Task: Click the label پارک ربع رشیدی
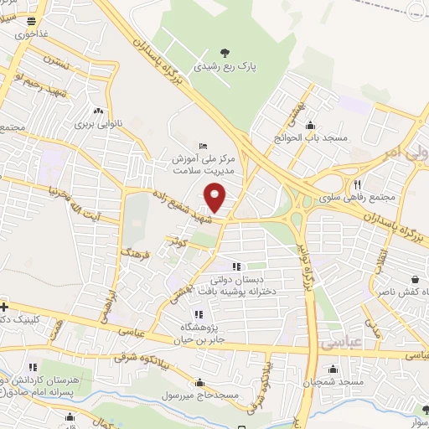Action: (x=221, y=65)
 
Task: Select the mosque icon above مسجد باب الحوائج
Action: (x=310, y=121)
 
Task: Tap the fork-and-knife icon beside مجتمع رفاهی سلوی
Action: (x=357, y=185)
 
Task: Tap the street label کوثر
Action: (x=175, y=241)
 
